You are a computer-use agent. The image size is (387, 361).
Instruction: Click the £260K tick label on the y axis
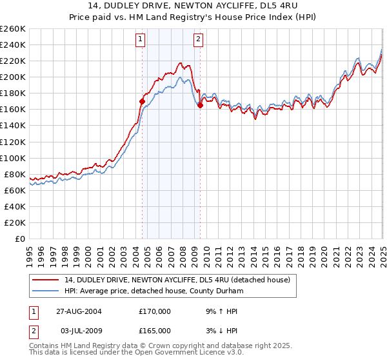13,29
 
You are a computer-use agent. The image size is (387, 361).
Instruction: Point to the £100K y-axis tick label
13,158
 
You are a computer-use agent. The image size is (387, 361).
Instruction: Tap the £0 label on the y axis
21,239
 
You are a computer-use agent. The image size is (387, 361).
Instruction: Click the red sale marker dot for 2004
143,101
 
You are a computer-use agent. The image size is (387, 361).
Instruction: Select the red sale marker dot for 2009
200,106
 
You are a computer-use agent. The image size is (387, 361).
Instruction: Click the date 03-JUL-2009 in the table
79,331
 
